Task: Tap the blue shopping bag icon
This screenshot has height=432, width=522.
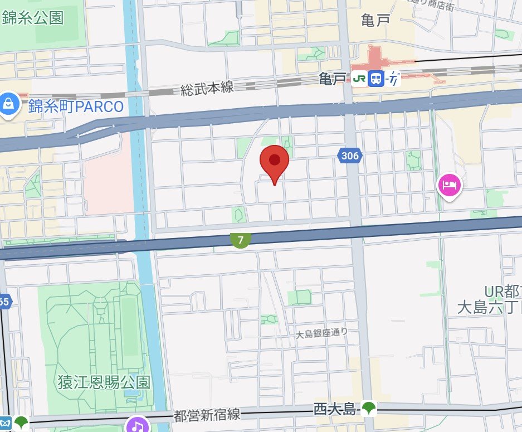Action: [9, 104]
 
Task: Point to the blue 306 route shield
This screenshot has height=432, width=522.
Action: [349, 156]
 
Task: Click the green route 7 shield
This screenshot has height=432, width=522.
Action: [241, 240]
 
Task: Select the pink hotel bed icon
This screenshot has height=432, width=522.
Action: [450, 185]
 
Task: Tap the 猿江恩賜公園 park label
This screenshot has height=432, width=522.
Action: [104, 382]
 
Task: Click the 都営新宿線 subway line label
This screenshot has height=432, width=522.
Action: [207, 415]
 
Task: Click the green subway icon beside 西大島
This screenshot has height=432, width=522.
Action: [369, 409]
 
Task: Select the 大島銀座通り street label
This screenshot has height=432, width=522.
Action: [321, 333]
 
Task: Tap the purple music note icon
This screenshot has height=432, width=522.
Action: [137, 425]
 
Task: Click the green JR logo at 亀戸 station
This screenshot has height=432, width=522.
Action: [360, 79]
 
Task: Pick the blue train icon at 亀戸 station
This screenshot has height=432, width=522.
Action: [377, 79]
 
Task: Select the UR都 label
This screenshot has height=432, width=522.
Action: [503, 291]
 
